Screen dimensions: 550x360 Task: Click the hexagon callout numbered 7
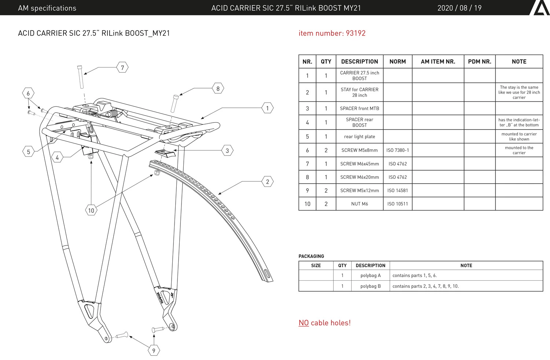[122, 67]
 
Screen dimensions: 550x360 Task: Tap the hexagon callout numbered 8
[218, 88]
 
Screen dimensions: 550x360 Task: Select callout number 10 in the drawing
[91, 210]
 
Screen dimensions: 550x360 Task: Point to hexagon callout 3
[227, 150]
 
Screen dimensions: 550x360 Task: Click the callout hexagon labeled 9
[154, 350]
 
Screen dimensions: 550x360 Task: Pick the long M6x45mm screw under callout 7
[80, 77]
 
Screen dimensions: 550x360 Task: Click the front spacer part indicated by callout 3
[165, 153]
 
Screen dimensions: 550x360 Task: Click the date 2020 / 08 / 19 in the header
[459, 8]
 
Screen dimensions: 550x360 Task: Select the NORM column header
[397, 61]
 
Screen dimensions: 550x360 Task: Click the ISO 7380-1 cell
[397, 150]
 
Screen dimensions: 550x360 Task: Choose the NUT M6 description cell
[359, 204]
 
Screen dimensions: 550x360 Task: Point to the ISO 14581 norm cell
[397, 190]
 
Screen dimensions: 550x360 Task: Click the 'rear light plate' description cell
[359, 137]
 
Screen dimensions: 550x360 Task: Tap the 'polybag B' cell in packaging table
[370, 286]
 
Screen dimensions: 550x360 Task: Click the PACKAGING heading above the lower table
[311, 256]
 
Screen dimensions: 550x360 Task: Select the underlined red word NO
[304, 323]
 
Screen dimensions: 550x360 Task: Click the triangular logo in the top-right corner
[540, 8]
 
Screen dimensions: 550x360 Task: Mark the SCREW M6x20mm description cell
[359, 177]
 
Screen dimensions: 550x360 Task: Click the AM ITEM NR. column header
[438, 61]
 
